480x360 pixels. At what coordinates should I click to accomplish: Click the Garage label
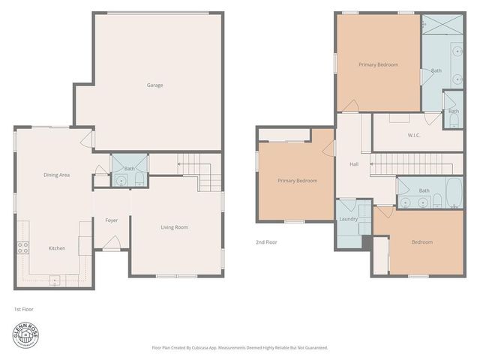point(154,85)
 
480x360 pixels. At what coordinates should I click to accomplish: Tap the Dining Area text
point(56,175)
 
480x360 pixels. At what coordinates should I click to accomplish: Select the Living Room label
point(174,227)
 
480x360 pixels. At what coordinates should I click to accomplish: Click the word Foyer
point(111,220)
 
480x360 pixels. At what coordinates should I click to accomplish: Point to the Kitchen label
point(56,248)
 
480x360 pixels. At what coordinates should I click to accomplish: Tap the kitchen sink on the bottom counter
point(55,280)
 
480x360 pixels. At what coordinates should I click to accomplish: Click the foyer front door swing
point(111,242)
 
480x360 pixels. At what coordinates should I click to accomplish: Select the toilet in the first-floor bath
point(139,180)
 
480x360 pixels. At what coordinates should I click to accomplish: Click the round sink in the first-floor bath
point(120,181)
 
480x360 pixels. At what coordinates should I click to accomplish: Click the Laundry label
point(348,219)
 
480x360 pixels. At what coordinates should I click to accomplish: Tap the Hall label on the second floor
point(354,165)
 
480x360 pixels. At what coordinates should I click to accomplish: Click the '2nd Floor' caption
point(266,242)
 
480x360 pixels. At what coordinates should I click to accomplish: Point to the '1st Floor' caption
point(23,308)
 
